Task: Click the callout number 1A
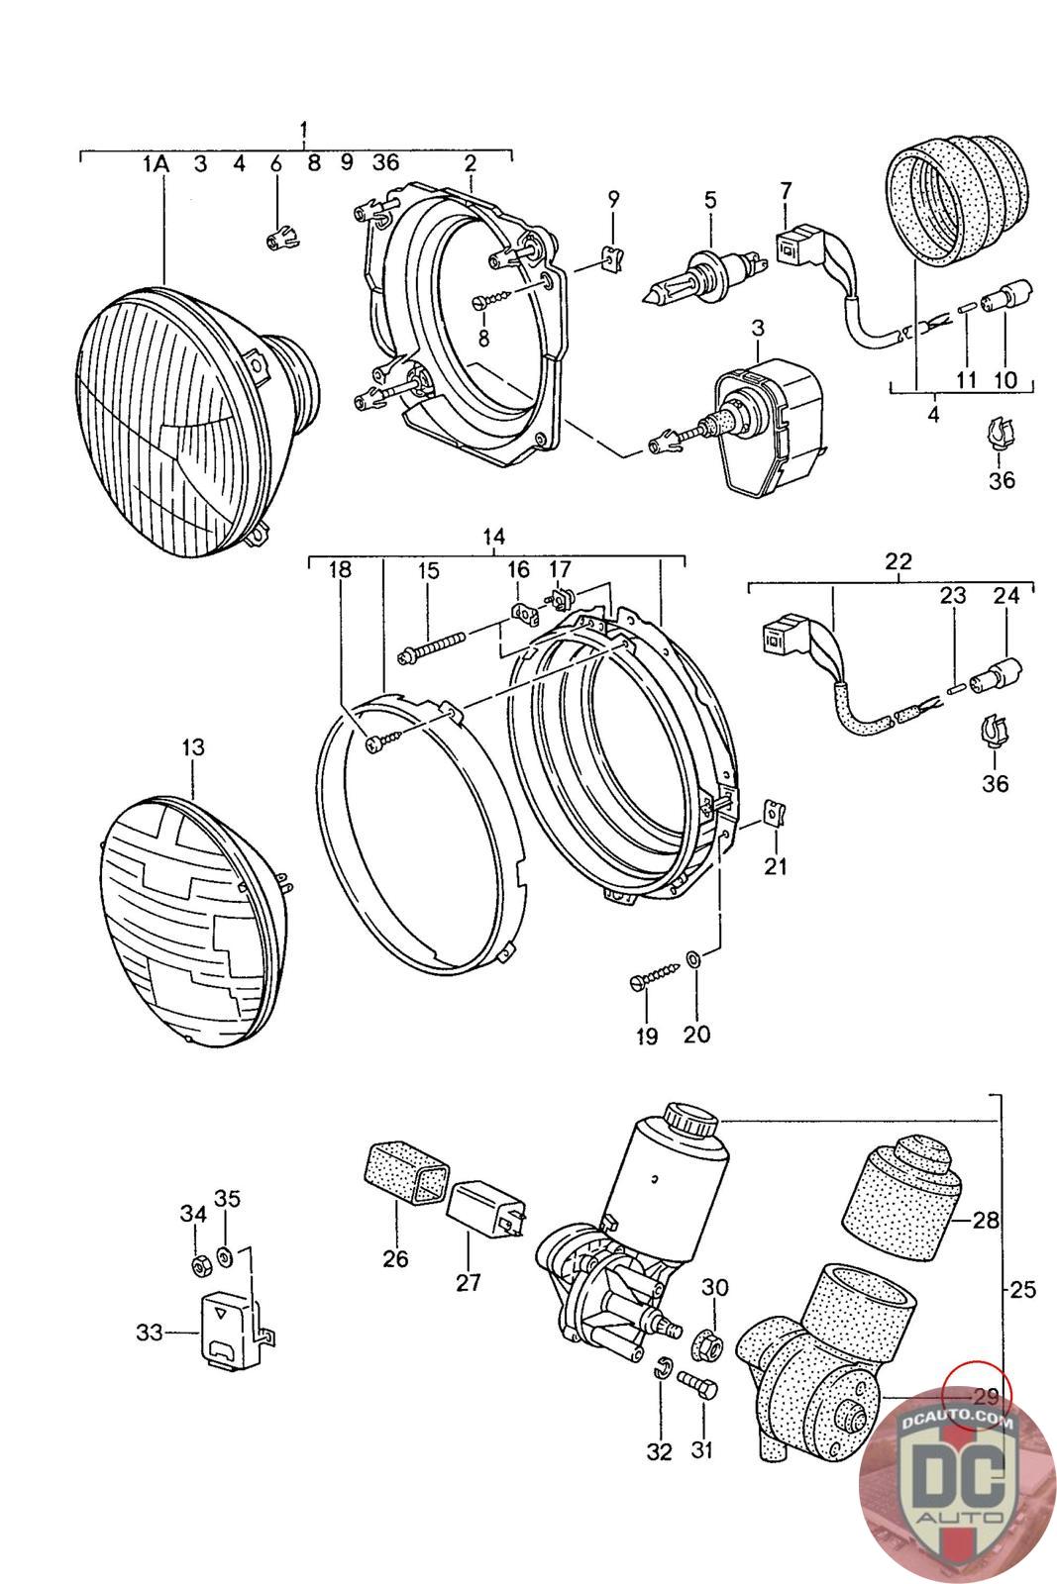[156, 164]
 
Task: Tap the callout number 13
[192, 746]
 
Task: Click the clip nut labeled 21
[773, 815]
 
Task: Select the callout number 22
[898, 562]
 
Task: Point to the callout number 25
[1022, 1290]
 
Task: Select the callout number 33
[150, 1333]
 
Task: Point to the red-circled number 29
[986, 1397]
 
